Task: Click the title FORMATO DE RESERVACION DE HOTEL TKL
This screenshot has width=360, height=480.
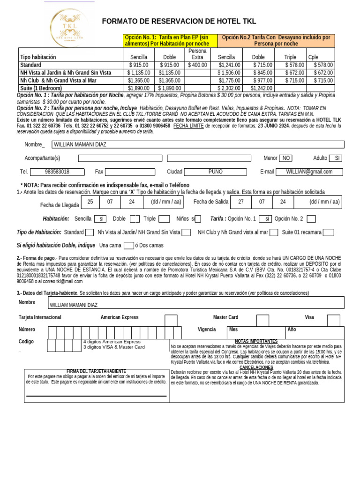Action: [x=179, y=22]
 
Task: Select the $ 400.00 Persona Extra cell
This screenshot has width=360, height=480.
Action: [x=197, y=65]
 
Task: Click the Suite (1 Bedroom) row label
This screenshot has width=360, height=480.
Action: [x=41, y=88]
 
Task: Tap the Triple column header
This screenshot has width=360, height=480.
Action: [x=290, y=57]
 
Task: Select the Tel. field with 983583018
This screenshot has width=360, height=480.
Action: [x=57, y=172]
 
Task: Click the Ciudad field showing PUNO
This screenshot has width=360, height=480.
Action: [x=215, y=172]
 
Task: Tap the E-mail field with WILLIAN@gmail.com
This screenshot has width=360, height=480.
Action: [x=309, y=172]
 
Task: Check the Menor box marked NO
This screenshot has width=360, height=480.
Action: [x=285, y=158]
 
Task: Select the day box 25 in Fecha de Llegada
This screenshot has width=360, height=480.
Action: [x=90, y=202]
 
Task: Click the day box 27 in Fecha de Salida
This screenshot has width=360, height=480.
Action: [x=240, y=202]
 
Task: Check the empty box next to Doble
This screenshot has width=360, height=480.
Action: [x=135, y=219]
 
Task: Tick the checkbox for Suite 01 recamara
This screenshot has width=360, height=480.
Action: [x=329, y=232]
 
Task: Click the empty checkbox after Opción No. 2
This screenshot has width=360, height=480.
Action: [x=311, y=219]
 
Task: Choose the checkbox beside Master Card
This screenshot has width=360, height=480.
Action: [x=262, y=320]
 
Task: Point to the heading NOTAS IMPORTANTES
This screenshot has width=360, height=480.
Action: [x=256, y=341]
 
